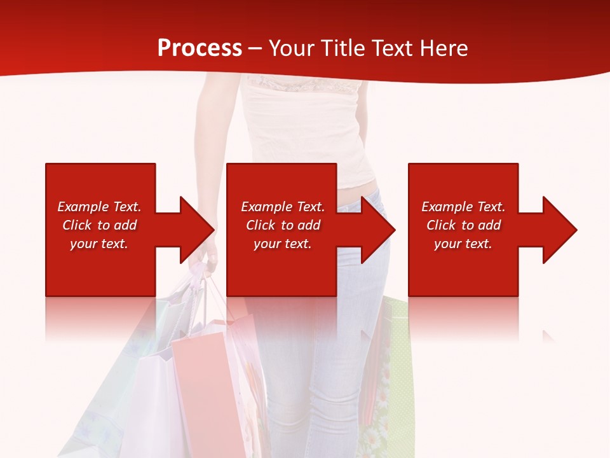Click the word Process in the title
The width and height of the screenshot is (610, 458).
coord(200,48)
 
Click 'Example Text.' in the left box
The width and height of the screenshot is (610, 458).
coord(99,207)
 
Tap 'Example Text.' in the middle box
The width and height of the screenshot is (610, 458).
coord(283,207)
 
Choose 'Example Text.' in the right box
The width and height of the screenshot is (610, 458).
coord(463,207)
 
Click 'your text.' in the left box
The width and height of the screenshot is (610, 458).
coord(99,244)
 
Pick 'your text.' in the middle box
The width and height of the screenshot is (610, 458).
coord(283,244)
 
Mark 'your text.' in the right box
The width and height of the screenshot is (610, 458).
coord(463,244)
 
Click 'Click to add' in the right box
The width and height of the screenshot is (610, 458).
coord(463,225)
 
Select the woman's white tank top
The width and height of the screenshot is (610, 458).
coord(305,127)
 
